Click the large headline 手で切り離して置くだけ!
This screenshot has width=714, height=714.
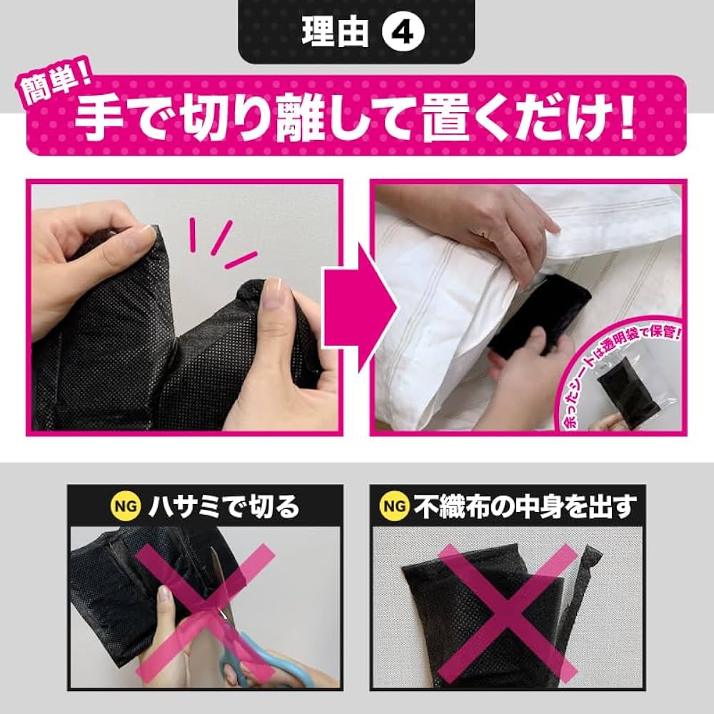pyautogui.click(x=355, y=119)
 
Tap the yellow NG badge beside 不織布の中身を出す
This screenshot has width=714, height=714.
pyautogui.click(x=393, y=507)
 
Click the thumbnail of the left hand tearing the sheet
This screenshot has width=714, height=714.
pyautogui.click(x=82, y=250)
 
